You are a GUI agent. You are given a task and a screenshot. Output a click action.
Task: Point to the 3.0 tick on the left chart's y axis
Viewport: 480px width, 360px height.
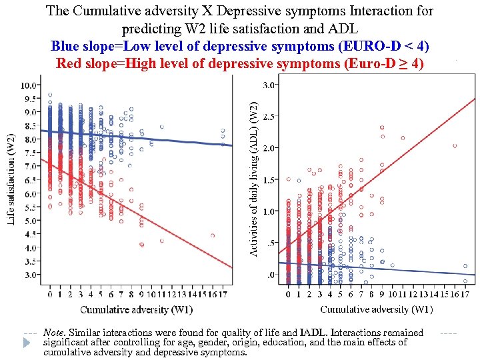31,274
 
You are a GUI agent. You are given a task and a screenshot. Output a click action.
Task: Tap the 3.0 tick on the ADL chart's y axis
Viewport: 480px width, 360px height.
269,85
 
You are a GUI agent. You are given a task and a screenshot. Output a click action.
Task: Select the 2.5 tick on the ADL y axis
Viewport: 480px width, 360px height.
269,117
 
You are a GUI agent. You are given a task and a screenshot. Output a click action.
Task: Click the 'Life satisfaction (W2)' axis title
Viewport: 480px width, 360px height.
11,179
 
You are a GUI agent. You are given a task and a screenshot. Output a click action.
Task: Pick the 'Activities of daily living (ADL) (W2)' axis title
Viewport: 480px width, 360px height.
253,179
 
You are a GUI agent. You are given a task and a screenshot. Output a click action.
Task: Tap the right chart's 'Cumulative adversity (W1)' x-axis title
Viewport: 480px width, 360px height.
376,309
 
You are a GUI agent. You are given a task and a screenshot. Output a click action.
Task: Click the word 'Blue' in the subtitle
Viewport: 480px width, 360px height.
65,47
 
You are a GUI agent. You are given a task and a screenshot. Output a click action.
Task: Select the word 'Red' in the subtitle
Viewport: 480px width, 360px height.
70,64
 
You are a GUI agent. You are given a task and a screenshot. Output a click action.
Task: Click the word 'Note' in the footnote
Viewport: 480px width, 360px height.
53,332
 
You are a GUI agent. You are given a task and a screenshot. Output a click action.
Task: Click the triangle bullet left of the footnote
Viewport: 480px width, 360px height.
27,343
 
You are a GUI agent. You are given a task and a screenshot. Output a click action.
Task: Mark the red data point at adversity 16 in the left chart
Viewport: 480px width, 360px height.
213,235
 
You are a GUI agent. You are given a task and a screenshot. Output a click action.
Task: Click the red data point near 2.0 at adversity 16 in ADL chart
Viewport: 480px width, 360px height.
455,145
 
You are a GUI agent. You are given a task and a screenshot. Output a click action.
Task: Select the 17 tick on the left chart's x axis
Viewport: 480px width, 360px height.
223,294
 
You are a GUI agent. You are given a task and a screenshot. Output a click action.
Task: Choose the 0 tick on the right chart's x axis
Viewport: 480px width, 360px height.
288,294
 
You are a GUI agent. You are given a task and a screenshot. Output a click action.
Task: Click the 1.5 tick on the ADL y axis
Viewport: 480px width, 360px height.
269,180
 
